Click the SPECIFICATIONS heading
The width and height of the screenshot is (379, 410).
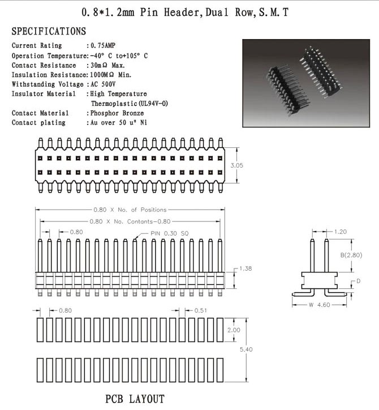point(49,31)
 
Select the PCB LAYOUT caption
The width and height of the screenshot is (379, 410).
point(135,398)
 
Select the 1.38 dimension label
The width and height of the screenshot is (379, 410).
point(246,268)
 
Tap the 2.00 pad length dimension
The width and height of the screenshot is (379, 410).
point(234,330)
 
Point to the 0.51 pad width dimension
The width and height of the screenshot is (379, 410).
point(201,310)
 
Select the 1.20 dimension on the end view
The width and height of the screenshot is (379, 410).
point(341,232)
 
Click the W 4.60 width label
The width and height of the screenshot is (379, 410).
point(320,305)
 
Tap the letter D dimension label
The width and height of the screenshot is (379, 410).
point(358,281)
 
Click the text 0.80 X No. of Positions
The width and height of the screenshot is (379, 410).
point(134,210)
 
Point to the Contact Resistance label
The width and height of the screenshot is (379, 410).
point(44,65)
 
